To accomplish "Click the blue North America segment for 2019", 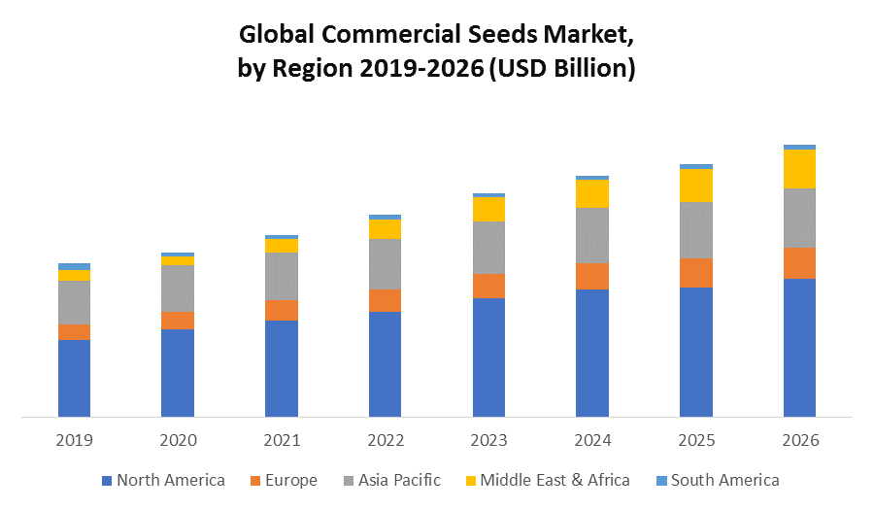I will click(74, 378).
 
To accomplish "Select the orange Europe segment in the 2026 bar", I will click(799, 263).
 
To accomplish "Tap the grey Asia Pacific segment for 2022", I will click(385, 263).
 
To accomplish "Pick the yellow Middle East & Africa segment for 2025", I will click(696, 185).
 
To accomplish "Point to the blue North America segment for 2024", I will click(592, 353).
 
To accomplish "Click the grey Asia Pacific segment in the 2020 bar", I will click(178, 289).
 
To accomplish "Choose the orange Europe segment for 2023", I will click(488, 286).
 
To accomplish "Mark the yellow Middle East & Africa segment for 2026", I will click(799, 168).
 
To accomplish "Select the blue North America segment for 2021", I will click(282, 368).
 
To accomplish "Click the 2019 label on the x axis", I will click(74, 440).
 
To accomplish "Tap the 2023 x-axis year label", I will click(488, 440).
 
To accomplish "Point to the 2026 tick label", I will click(799, 440).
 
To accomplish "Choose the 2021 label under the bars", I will click(282, 440).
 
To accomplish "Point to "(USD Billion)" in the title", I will click(563, 69).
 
